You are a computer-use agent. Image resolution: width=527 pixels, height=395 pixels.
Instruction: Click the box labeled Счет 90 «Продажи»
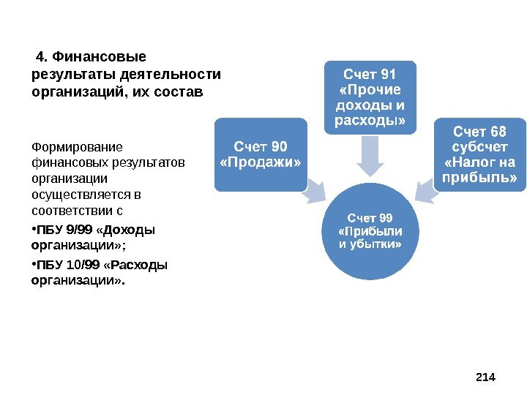click(260, 154)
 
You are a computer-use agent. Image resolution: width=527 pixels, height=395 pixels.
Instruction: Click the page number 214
click(485, 377)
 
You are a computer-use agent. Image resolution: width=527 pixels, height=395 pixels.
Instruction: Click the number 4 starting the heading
click(41, 56)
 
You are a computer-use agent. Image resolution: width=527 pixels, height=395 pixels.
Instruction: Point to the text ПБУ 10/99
click(67, 265)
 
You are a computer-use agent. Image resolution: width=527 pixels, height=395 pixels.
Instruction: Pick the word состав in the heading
click(177, 92)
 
